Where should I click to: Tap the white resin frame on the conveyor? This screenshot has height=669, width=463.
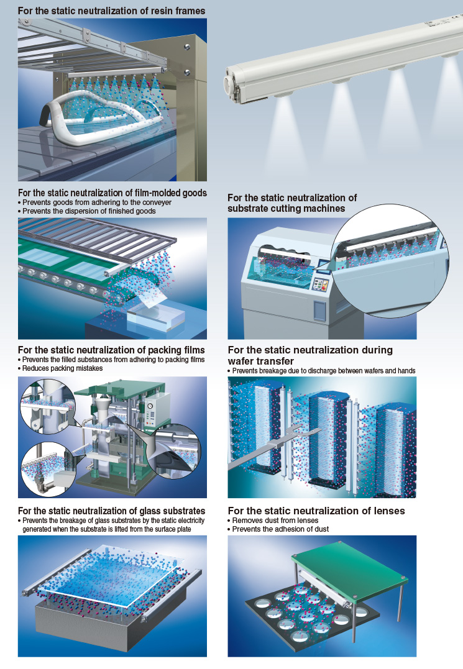tap(103, 114)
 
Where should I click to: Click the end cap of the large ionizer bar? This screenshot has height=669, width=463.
tap(232, 84)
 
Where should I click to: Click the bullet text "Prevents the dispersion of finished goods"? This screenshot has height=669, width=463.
tap(89, 211)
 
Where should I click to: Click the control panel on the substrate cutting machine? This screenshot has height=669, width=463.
tap(321, 284)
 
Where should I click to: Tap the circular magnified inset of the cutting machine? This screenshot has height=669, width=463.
tap(390, 260)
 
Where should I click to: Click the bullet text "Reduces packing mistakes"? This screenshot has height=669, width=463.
tap(62, 368)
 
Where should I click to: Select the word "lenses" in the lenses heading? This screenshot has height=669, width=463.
tap(388, 511)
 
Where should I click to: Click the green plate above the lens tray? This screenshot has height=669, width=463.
tap(350, 570)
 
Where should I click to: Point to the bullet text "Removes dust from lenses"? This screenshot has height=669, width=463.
tap(275, 521)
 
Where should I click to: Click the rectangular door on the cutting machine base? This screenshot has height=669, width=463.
tap(320, 310)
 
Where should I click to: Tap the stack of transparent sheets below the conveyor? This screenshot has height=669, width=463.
tap(156, 319)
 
